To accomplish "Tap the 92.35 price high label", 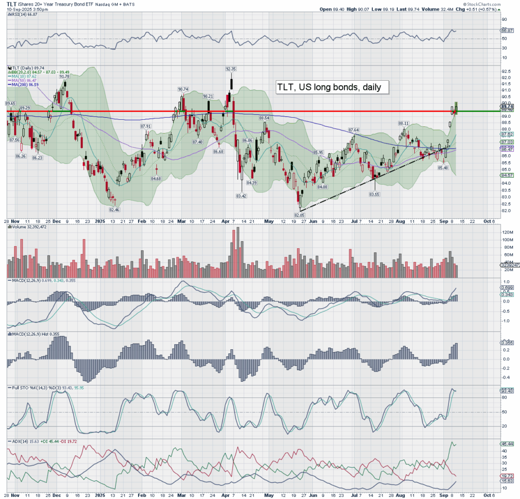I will pyautogui.click(x=232, y=69).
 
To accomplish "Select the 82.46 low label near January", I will pyautogui.click(x=114, y=209).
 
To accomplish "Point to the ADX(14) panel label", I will pyautogui.click(x=17, y=442).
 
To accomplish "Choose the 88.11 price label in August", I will pyautogui.click(x=404, y=123).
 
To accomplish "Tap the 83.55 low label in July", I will pyautogui.click(x=375, y=194).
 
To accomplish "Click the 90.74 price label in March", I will pyautogui.click(x=183, y=89).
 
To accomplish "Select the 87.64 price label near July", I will pyautogui.click(x=353, y=130).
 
